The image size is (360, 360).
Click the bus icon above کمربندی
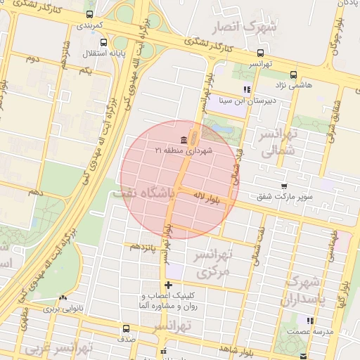tap(89, 14)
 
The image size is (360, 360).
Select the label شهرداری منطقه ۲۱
tap(184, 150)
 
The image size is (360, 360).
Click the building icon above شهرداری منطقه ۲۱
tap(184, 139)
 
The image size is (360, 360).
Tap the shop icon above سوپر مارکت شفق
tap(283, 186)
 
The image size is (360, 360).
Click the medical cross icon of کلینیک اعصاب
tap(167, 285)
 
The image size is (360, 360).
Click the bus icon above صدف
tap(127, 328)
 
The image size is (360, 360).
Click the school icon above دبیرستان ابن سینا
tap(246, 89)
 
